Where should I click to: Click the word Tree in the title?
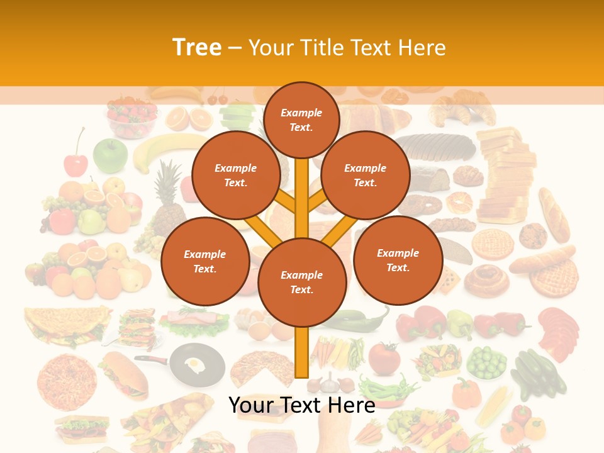[197, 48]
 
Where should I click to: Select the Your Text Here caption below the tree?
[301, 405]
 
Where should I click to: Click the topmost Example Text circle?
[301, 120]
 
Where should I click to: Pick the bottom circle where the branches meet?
[301, 282]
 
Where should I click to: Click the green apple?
[110, 155]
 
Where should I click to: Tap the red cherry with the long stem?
[76, 164]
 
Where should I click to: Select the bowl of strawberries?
[131, 120]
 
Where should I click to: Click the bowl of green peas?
[486, 362]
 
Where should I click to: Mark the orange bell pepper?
[466, 393]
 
